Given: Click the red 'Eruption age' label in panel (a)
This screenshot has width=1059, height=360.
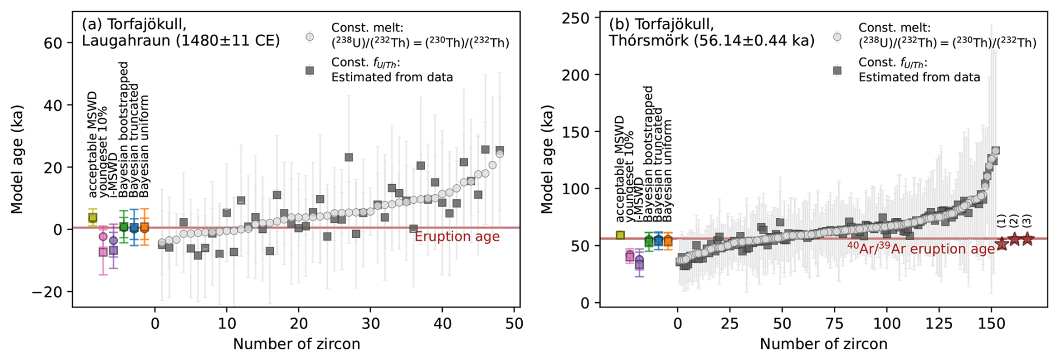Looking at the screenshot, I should [457, 237].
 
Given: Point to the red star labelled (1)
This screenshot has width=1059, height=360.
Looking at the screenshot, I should [1001, 244].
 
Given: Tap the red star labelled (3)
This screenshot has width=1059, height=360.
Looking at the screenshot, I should [1027, 239].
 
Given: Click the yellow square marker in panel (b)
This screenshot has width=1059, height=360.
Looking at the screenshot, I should [620, 235].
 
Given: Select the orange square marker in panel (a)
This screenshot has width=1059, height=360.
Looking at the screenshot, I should [144, 228].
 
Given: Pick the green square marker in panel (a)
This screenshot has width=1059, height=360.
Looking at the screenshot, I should [124, 227].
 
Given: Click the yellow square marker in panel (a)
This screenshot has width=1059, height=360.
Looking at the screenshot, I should [93, 217].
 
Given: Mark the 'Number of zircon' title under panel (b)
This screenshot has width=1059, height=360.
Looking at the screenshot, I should [823, 344].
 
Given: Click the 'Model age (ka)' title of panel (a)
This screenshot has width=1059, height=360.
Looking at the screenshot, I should [17, 159].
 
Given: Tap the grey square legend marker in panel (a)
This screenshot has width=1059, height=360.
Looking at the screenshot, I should [309, 71].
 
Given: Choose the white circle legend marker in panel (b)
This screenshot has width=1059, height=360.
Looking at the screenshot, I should [837, 37].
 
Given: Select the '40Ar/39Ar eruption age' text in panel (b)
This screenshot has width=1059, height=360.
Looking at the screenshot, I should [921, 249].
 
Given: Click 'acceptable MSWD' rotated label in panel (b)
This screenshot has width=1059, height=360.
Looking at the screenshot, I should [620, 169].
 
